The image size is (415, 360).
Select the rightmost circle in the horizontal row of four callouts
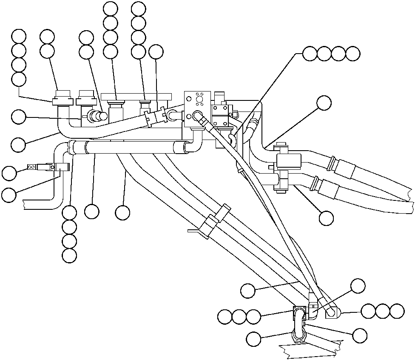353,54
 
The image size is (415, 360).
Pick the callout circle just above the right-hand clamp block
324,103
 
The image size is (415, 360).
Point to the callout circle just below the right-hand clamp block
326,217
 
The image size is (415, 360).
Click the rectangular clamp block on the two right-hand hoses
289,160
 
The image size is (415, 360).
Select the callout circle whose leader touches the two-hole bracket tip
9,173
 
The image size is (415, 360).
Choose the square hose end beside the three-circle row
333,314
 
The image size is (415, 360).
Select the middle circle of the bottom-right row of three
383,311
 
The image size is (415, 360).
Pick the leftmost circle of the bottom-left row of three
225,317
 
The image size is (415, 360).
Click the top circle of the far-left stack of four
19,37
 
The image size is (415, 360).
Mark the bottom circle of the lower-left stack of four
69,255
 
